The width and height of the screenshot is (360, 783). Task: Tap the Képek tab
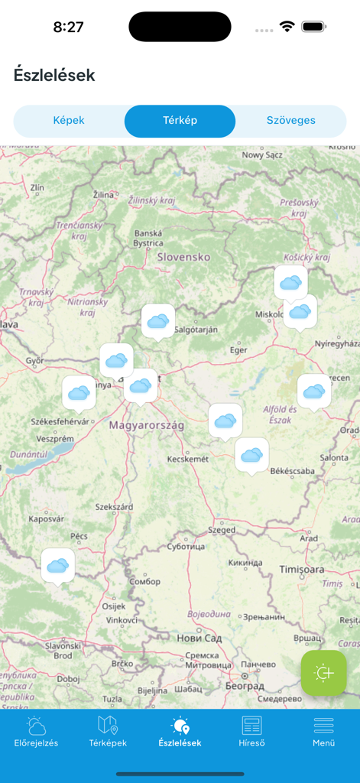coord(69,121)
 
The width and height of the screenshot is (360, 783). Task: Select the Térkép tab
coord(180,121)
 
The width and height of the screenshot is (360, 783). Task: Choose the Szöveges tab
coord(290,121)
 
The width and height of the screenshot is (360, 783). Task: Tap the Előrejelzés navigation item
coord(36,732)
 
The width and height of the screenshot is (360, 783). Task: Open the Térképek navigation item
coord(108,732)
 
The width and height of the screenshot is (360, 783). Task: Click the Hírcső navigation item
coord(251,732)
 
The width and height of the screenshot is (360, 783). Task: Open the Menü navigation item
coord(323,732)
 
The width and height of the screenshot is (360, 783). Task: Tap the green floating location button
coord(323,673)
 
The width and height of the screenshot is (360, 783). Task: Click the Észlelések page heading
coord(54,75)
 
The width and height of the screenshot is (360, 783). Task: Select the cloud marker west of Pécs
coord(58,565)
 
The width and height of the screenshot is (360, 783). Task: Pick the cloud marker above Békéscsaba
coord(251,455)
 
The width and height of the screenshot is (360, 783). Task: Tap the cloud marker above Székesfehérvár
coord(79,392)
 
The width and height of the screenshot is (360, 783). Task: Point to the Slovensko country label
coord(183,257)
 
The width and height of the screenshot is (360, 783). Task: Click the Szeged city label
coord(222,529)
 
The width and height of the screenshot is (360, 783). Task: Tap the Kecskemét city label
coord(188,459)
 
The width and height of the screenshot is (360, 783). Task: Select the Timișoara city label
coord(302,570)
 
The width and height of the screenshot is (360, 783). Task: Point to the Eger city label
coord(239,350)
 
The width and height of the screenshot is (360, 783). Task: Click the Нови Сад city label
coord(200,638)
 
